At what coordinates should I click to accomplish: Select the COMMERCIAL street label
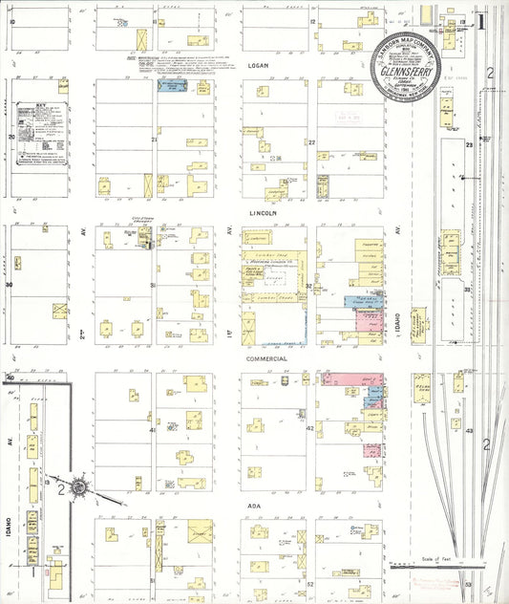268,358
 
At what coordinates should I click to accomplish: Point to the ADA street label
280,506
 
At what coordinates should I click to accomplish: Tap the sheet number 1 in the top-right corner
483,19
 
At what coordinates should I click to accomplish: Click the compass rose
81,488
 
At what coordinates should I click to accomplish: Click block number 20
11,137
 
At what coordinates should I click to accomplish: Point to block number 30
11,285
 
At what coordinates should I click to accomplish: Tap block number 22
311,141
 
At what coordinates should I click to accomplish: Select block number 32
309,285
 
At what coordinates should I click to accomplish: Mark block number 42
309,430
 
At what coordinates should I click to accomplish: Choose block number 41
153,430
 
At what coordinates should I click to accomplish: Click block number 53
469,582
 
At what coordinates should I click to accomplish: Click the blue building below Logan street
172,86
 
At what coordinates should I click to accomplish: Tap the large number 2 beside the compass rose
60,488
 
